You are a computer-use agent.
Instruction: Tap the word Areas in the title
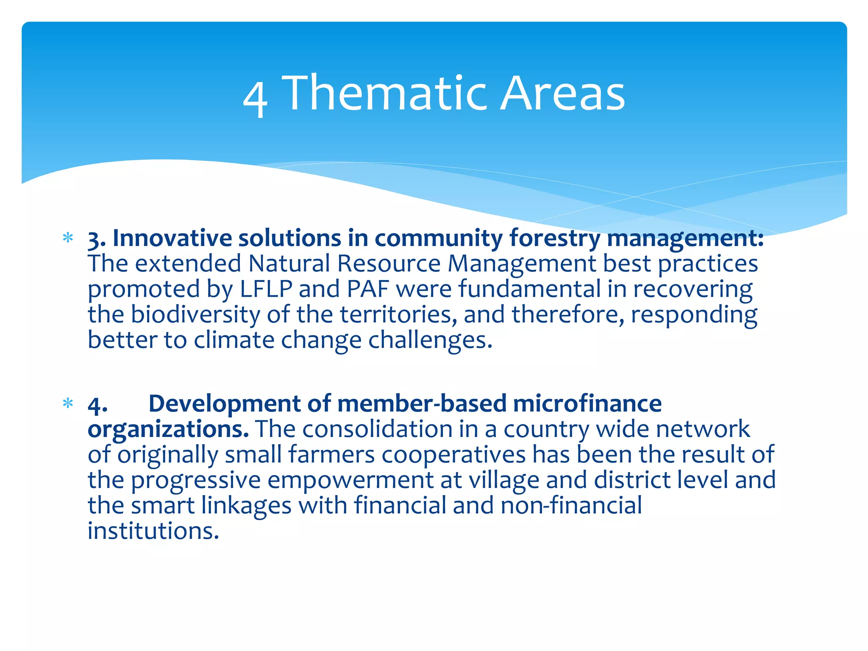tap(562, 93)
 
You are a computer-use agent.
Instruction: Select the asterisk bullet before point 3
tap(68, 238)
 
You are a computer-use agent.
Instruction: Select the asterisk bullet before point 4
tap(68, 403)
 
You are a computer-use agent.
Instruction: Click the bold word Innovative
tap(172, 238)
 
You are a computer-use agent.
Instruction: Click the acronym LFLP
tap(266, 289)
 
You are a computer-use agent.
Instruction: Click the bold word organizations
tap(168, 429)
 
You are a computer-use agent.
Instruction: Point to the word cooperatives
tap(453, 455)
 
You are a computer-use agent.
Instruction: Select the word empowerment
tap(350, 480)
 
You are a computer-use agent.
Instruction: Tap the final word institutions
tap(153, 531)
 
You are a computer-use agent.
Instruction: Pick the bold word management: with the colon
tap(685, 239)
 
